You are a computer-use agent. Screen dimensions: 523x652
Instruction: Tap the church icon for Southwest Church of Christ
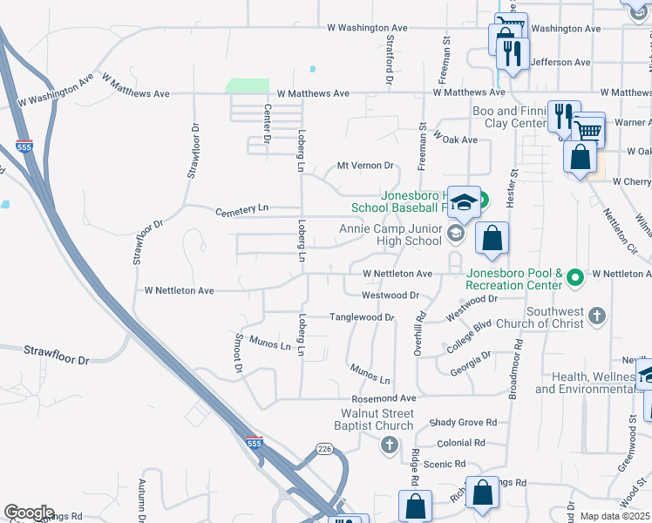click(596, 316)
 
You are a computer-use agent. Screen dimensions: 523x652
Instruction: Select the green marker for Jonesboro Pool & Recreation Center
click(574, 279)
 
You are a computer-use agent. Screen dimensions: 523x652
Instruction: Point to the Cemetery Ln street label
click(242, 209)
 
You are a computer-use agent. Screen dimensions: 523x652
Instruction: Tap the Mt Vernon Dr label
click(366, 166)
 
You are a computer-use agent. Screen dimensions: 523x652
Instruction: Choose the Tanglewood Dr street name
click(362, 318)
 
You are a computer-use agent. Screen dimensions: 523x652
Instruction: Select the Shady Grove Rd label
click(463, 423)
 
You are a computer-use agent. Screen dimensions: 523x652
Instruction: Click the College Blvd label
click(471, 336)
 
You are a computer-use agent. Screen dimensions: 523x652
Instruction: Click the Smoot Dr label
click(237, 352)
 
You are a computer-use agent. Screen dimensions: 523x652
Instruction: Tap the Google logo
click(29, 513)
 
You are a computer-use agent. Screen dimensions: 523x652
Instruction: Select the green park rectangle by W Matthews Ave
click(248, 85)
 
